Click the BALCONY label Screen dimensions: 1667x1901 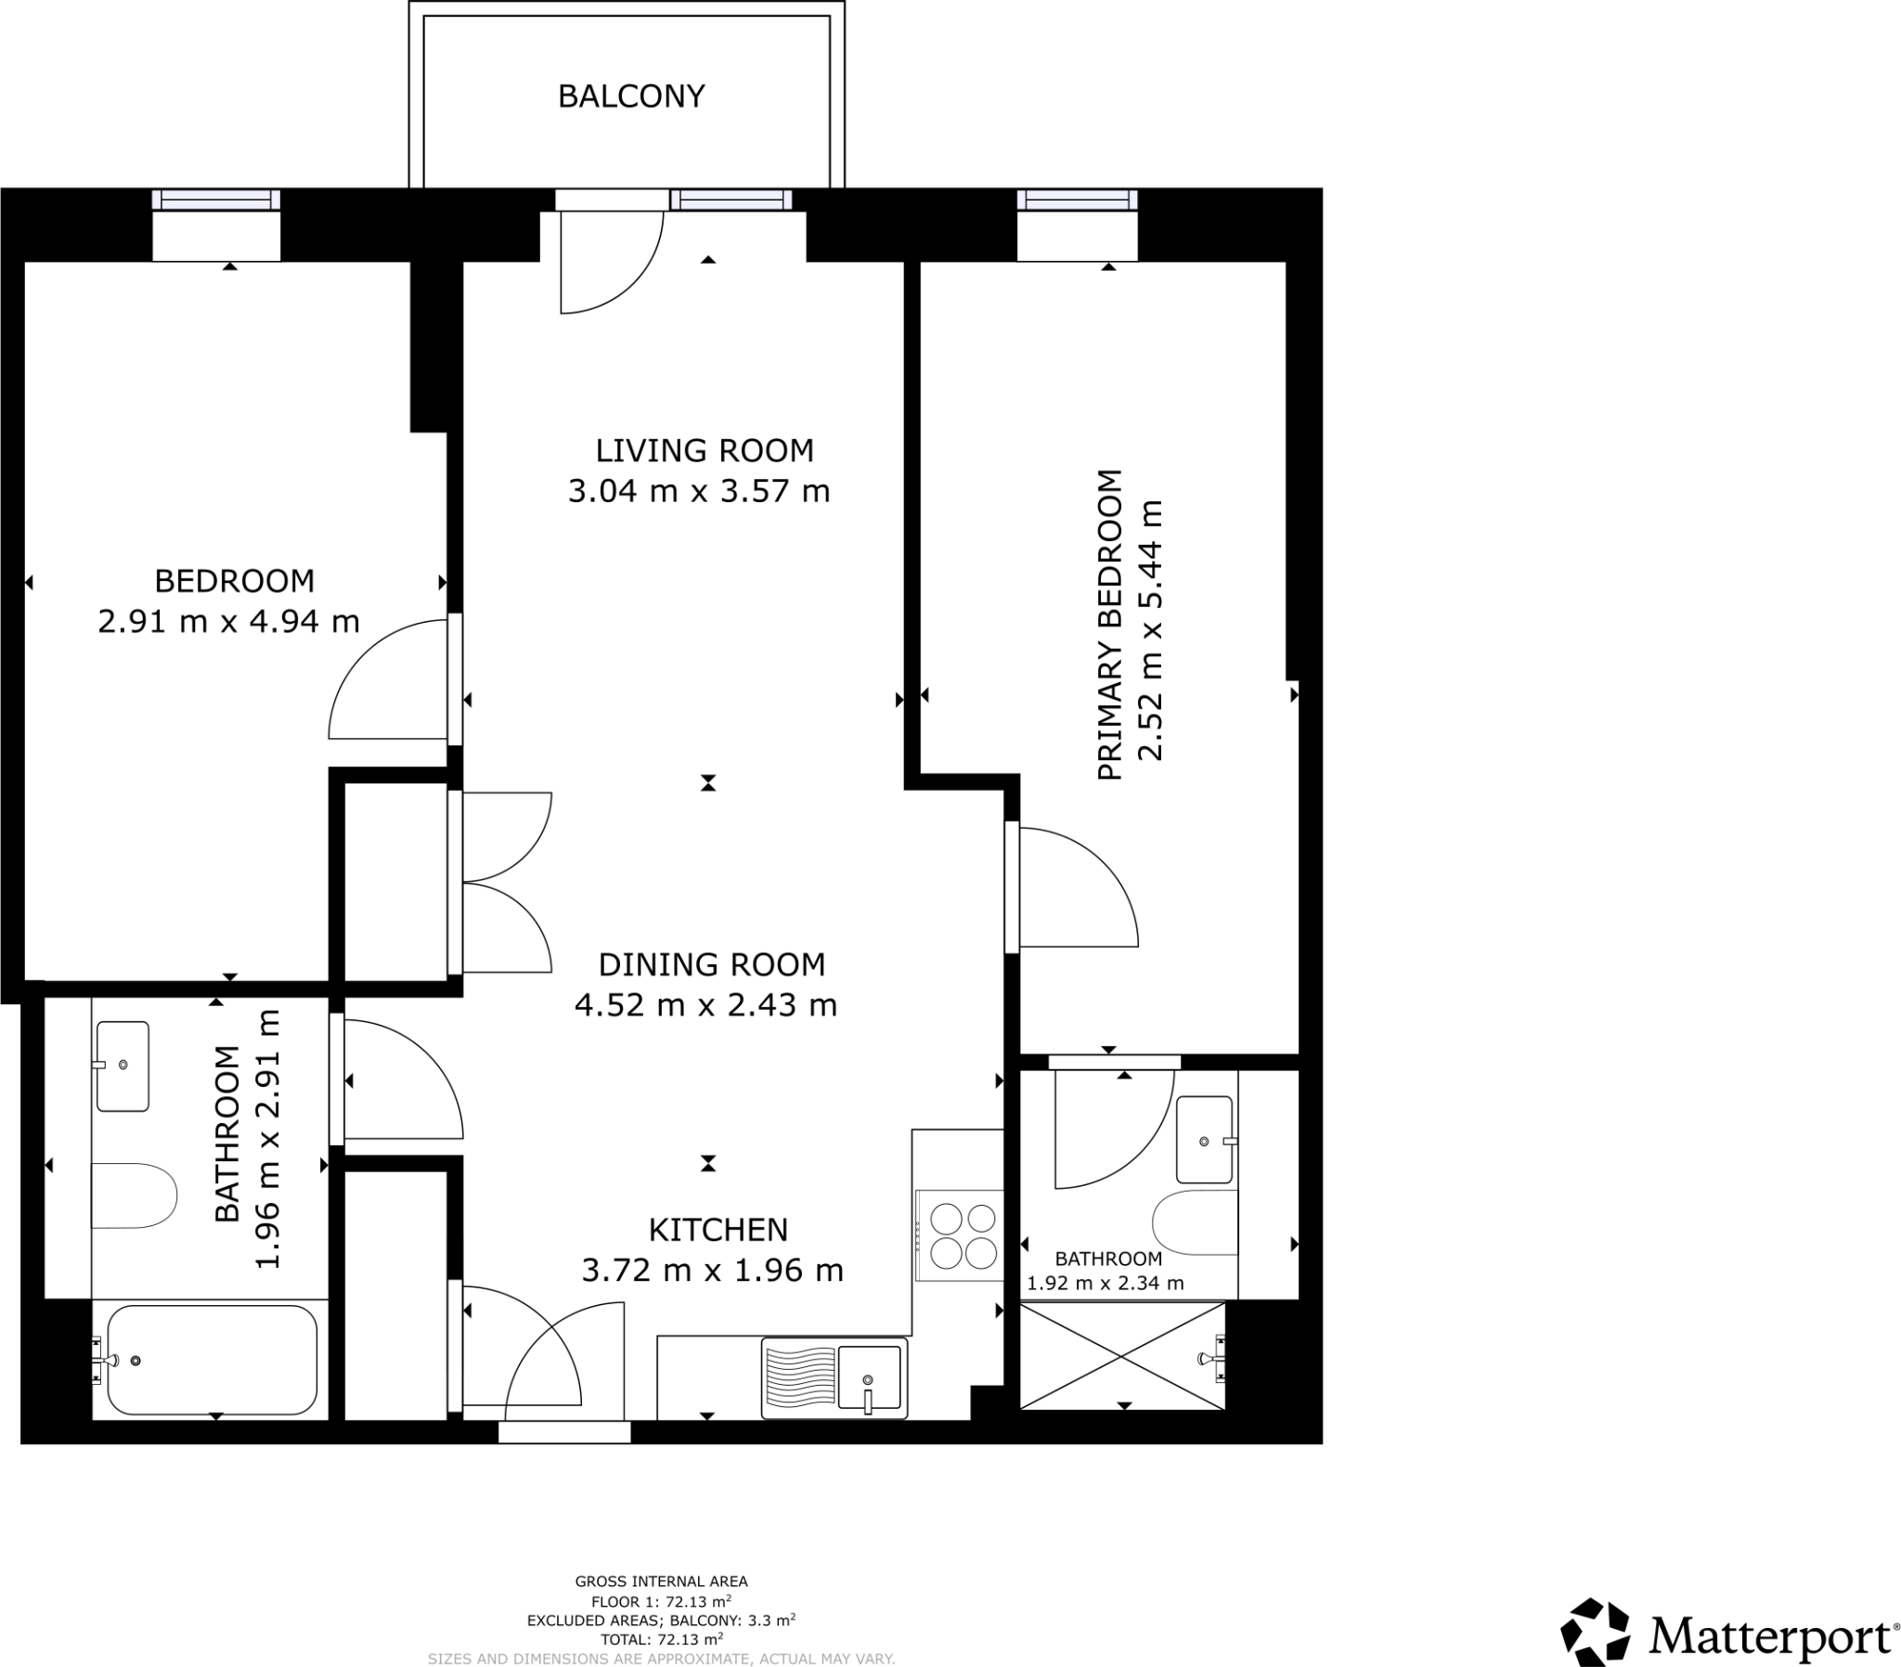click(630, 96)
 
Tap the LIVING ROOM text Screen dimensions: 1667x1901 click(704, 450)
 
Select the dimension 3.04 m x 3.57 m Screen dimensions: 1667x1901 click(698, 491)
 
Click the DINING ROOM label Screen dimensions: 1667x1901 click(711, 964)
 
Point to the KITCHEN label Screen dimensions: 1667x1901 click(718, 1230)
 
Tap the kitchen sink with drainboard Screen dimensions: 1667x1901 click(834, 1378)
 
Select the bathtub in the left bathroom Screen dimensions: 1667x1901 click(212, 1360)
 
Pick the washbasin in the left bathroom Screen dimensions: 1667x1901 click(123, 1066)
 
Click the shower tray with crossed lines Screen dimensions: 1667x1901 click(1122, 1356)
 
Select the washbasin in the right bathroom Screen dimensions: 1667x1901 click(1205, 1140)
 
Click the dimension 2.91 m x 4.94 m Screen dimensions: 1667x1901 click(228, 621)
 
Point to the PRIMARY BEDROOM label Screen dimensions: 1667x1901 click(1110, 626)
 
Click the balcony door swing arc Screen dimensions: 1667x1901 click(614, 265)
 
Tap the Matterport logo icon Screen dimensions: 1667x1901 click(1594, 1633)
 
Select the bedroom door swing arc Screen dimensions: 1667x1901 click(381, 684)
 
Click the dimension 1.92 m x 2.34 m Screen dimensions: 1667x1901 click(1105, 1285)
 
